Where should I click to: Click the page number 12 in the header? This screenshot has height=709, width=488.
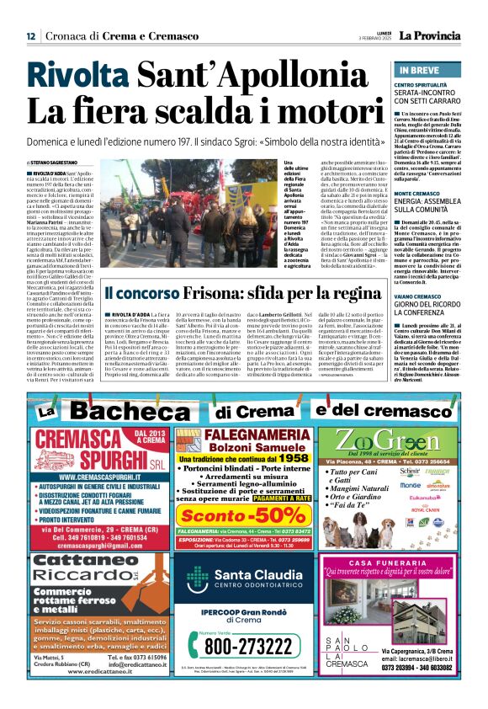(30, 36)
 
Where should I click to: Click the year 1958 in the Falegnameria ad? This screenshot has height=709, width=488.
(295, 458)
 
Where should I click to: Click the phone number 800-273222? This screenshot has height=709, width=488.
(246, 647)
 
